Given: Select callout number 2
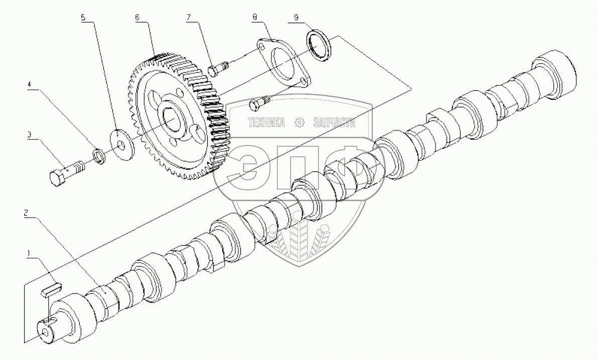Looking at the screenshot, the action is click(x=26, y=213).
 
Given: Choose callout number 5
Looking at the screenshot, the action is click(x=83, y=17).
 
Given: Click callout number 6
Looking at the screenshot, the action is click(x=136, y=17).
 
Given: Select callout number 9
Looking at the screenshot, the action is click(x=296, y=18).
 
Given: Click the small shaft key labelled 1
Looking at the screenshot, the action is click(x=52, y=288).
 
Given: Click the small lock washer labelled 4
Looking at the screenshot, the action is click(x=100, y=155).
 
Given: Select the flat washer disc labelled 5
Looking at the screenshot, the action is click(x=120, y=143).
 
